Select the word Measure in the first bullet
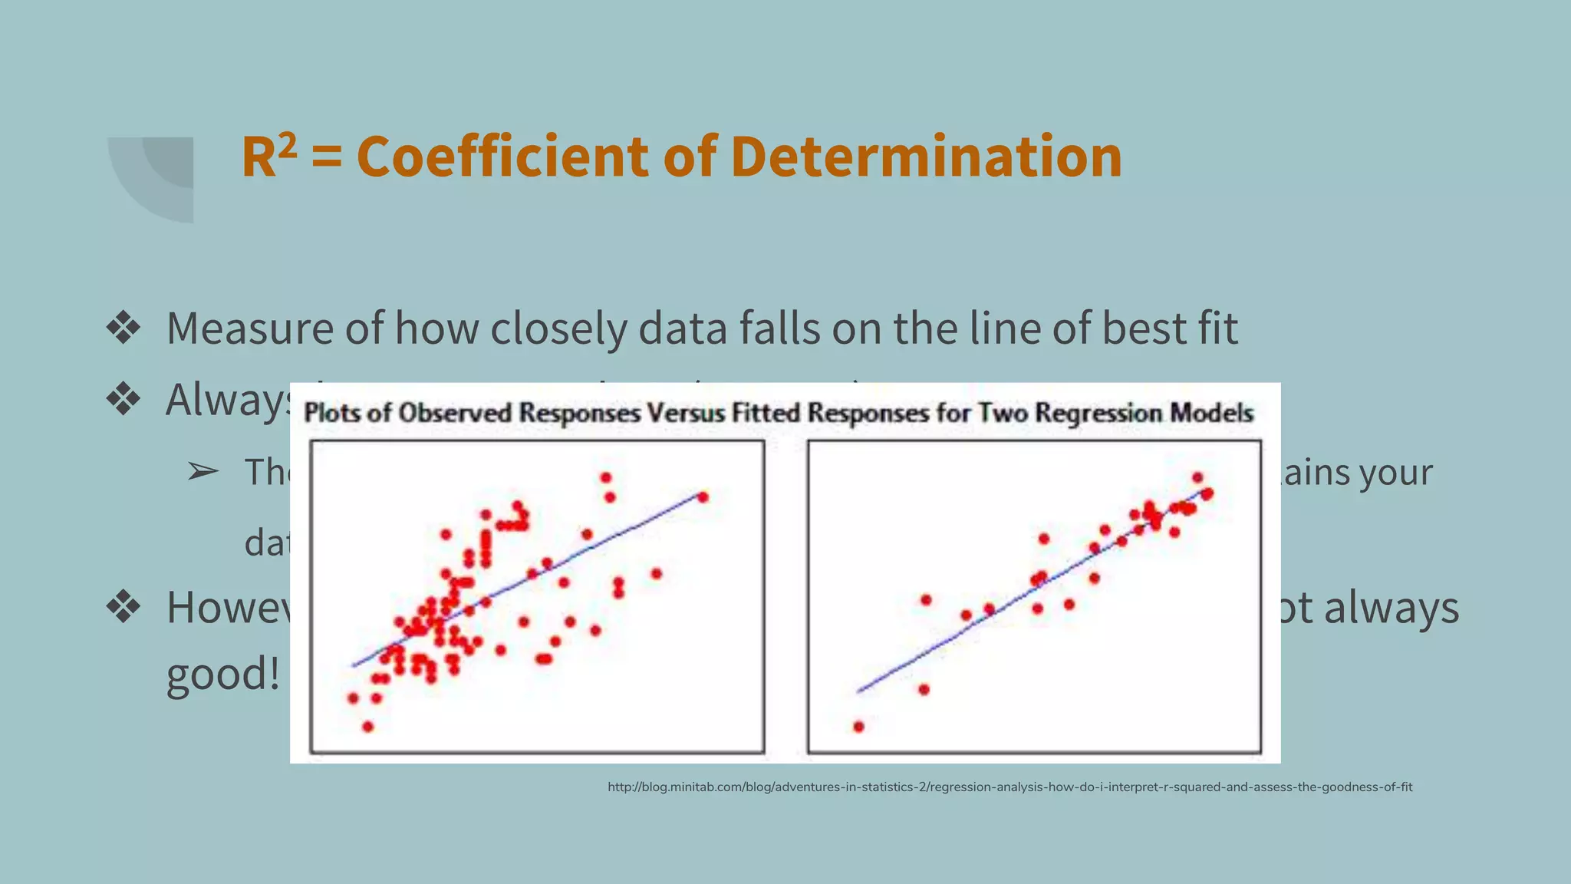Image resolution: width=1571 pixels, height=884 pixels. (249, 328)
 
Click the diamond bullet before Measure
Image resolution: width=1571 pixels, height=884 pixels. (124, 328)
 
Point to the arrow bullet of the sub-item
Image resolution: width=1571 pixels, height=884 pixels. (203, 472)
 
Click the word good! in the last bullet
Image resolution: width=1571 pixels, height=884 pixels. (222, 675)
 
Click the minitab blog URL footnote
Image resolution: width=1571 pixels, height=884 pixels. (1009, 787)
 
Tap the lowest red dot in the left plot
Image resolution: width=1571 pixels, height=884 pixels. (367, 727)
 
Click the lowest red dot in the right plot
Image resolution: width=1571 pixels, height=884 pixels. (858, 727)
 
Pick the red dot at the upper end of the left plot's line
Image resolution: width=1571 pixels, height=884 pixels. (703, 497)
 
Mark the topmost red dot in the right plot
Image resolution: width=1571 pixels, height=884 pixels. (1197, 477)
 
